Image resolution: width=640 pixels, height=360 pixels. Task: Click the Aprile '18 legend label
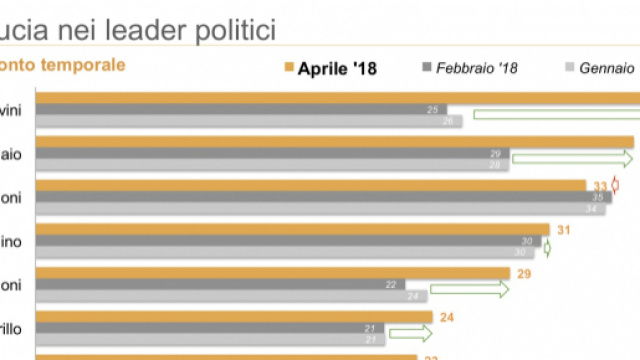pos(337,69)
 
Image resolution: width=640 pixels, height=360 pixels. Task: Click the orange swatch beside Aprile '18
pos(286,68)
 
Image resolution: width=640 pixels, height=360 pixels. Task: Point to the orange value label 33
pos(600,186)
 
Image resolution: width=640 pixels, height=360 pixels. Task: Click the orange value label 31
pos(563,230)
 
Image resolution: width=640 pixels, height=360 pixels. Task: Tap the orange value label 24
pos(447,317)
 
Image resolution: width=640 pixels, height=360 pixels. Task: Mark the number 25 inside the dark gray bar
pos(433,109)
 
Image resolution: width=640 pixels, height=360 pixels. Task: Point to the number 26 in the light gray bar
pos(446,121)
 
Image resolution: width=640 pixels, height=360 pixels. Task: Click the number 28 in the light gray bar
pos(494,165)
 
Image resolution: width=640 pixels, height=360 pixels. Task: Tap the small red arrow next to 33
pos(615,186)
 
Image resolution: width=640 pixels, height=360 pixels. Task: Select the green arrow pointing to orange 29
pos(469,290)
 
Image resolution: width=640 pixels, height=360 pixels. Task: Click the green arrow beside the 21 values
pos(408,334)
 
